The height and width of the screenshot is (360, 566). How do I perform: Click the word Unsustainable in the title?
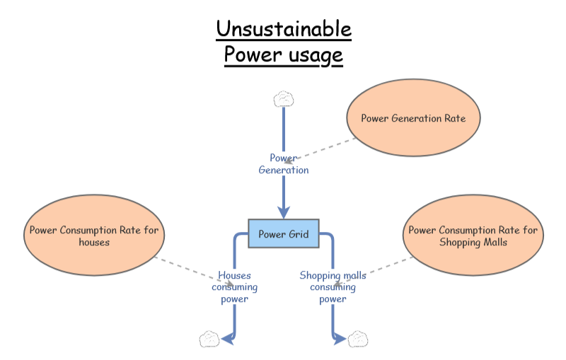283,30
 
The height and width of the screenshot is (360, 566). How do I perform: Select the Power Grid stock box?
284,233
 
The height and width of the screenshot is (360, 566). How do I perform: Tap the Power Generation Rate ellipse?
413,118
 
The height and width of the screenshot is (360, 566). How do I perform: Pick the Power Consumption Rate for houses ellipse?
94,236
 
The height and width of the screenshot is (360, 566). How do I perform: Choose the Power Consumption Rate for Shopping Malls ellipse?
473,236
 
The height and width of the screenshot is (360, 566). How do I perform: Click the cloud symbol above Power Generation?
284,98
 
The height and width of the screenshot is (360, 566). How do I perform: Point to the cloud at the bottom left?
209,339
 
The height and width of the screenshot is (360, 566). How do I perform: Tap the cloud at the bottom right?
358,339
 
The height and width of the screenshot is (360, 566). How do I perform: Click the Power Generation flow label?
284,164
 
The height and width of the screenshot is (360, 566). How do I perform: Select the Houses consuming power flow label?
234,287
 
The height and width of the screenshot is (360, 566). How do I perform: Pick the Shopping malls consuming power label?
333,287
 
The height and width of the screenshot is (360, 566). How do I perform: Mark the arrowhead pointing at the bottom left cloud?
227,339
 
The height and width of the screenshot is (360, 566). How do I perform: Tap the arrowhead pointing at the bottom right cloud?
340,339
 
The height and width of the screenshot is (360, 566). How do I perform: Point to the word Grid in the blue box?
297,234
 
